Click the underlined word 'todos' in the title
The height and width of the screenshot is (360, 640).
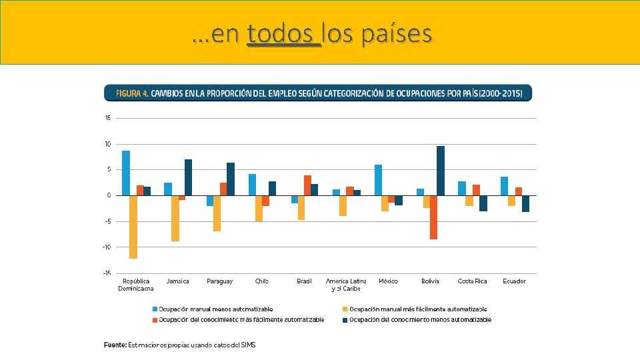click(283, 33)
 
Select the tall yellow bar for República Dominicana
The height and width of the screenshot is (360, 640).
click(133, 227)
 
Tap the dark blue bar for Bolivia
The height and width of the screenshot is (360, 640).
click(440, 171)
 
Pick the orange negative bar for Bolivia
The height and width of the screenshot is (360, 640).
click(433, 217)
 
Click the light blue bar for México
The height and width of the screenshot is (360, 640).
click(378, 180)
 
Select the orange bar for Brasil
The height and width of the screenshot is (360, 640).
click(307, 185)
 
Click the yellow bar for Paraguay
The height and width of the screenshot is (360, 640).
click(217, 213)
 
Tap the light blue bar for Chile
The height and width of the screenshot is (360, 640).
click(252, 185)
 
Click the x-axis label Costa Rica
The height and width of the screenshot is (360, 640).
click(472, 281)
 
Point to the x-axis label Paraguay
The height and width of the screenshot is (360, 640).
click(220, 281)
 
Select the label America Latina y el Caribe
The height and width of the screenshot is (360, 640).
click(346, 285)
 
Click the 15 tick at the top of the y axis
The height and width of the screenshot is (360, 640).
click(107, 119)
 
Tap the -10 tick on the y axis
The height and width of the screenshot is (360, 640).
click(107, 247)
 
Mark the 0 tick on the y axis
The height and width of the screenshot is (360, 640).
click(109, 195)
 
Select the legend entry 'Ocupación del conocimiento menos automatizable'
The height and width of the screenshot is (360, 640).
click(420, 320)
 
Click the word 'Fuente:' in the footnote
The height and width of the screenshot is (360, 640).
click(115, 345)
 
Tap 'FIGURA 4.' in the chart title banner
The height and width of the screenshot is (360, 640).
click(132, 93)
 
